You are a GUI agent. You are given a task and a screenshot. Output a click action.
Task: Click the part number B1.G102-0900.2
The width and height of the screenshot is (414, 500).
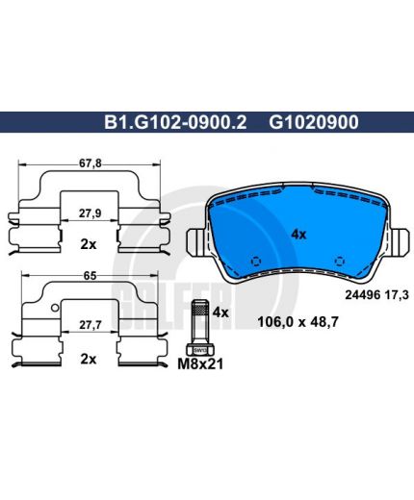[175, 122]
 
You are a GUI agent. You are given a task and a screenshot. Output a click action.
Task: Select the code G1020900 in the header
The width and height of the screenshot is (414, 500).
[314, 122]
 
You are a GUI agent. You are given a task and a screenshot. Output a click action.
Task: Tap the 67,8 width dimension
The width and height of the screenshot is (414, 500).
[91, 163]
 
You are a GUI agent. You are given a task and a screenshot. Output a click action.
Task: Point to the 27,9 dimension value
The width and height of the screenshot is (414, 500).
[91, 213]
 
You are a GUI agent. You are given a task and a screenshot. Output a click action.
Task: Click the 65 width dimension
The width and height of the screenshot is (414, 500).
[90, 276]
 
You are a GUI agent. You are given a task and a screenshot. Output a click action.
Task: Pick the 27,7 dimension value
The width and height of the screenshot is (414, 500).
[91, 325]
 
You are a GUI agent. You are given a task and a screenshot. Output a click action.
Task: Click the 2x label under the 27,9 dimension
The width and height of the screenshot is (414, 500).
[89, 244]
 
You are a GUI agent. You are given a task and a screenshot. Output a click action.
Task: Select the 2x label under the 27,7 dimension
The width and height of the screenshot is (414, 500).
[89, 359]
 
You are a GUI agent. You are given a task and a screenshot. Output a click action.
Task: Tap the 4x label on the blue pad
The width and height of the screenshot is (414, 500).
[298, 235]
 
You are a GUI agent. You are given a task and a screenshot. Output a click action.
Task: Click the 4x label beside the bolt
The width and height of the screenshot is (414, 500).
[220, 312]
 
